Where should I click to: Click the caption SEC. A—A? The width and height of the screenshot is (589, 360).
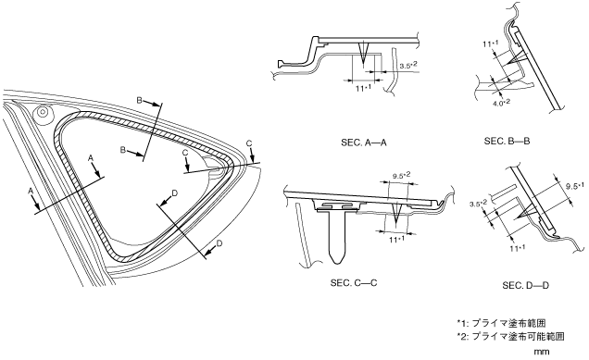coord(364,143)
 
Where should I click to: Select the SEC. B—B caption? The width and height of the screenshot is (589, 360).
coord(507,142)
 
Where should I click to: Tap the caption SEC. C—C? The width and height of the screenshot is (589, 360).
coord(354,282)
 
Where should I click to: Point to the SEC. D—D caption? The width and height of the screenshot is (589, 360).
coord(525,286)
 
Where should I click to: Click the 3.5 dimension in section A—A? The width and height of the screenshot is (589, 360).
coord(408,66)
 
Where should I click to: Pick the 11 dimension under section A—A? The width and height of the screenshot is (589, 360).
coord(363,89)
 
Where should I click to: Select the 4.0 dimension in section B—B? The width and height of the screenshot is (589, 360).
coord(501,103)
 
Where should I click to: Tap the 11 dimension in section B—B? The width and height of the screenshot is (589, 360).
coord(491,43)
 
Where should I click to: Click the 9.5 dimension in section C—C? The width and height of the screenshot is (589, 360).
coord(402,175)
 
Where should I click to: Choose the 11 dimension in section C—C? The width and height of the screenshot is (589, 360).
coord(396,240)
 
